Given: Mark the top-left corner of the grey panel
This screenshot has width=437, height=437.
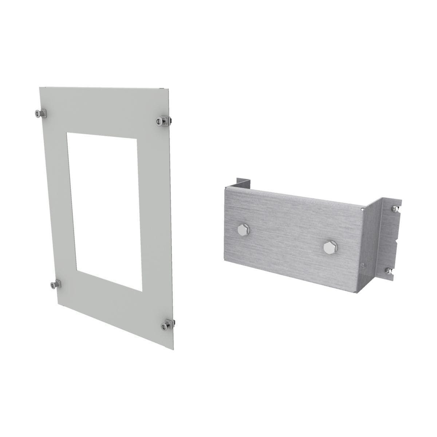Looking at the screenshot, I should [40, 87].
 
